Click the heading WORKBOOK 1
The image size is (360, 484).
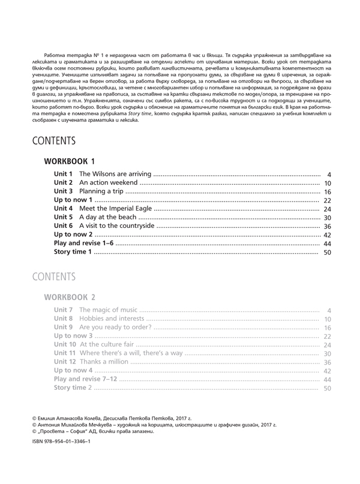tap(70, 161)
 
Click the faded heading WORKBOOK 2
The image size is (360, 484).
tap(70, 297)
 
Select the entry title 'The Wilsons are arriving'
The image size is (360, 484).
tap(115, 174)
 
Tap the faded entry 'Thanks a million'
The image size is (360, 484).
tap(104, 362)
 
